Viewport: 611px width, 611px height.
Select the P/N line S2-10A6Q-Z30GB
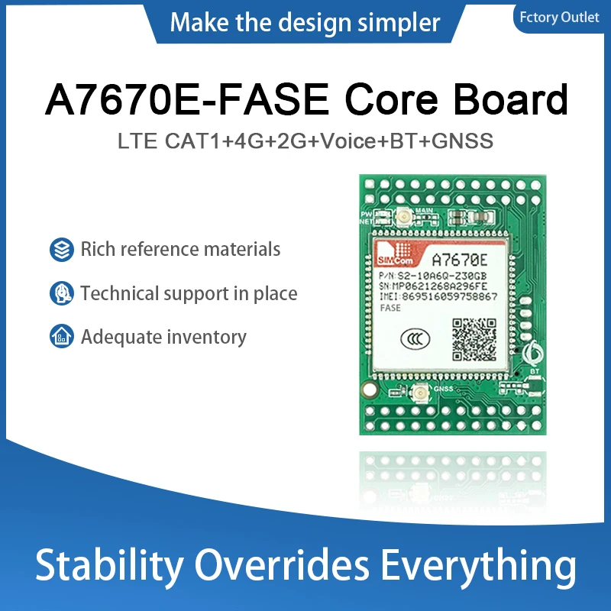432,273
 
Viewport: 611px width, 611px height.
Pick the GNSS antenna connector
419,396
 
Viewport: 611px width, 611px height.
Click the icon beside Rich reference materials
60,249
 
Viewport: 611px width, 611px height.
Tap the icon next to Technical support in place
60,293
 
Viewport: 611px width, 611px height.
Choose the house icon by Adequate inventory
60,336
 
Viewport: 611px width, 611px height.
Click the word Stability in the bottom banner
110,567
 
